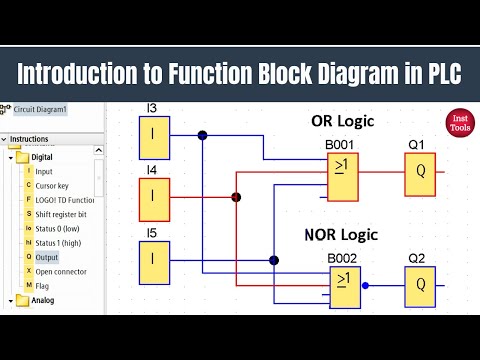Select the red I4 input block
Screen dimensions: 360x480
click(151, 197)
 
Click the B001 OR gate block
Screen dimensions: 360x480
click(343, 180)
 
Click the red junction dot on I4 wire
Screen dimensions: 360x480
click(237, 197)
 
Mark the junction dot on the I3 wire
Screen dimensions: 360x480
click(202, 134)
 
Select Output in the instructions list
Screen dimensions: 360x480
click(48, 257)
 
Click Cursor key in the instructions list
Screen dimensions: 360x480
click(54, 186)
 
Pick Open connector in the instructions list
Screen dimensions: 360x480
click(61, 271)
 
